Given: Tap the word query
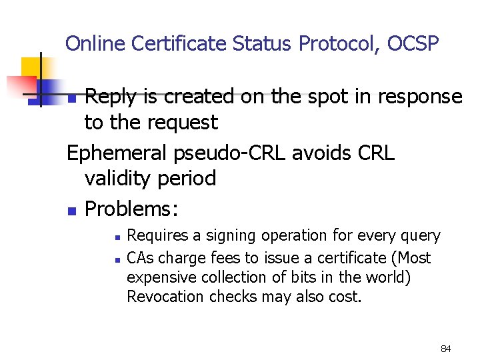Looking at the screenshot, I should (x=420, y=237).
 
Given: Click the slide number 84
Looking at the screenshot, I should (x=446, y=349).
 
